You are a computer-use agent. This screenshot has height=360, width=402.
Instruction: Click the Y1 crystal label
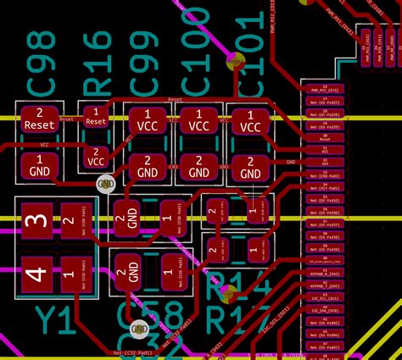(x=54, y=323)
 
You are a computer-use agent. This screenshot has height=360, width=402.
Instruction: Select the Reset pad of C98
(x=38, y=119)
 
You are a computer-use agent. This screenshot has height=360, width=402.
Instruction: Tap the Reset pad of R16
(x=96, y=117)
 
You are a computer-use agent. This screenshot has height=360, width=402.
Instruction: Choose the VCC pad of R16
(x=96, y=156)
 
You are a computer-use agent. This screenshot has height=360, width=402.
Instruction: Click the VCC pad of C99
(x=148, y=120)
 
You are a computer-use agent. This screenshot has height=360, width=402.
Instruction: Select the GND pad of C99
(x=148, y=167)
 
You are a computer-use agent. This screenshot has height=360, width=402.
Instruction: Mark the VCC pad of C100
(x=198, y=120)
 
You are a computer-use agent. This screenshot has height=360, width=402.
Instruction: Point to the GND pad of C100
(x=198, y=167)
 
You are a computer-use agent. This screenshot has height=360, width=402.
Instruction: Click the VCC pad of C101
(x=250, y=120)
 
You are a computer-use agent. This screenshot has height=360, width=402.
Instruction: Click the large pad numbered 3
(x=36, y=224)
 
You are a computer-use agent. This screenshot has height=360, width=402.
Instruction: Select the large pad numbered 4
(x=36, y=274)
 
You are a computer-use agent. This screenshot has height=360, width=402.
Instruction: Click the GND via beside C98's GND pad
(x=105, y=182)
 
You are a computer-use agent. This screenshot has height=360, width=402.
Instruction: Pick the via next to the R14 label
(x=227, y=295)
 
